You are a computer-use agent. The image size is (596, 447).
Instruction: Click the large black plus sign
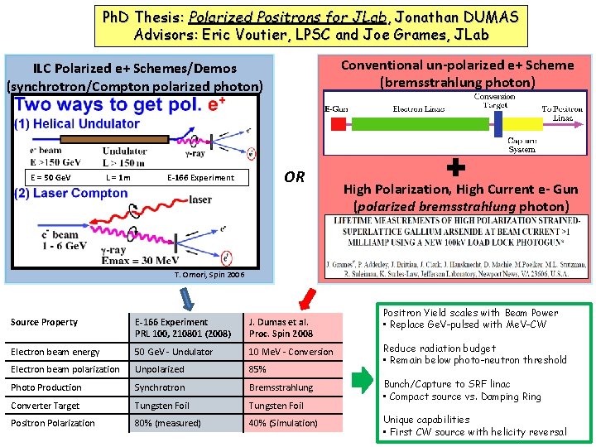(454, 169)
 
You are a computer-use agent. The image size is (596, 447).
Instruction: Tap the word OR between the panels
(294, 177)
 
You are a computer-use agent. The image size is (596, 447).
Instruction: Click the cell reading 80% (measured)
(168, 423)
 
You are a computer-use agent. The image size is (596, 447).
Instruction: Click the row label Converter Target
(46, 406)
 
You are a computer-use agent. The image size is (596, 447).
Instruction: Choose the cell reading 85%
(257, 369)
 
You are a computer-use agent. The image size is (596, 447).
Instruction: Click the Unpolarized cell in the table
(160, 369)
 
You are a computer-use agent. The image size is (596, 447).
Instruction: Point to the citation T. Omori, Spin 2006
(209, 274)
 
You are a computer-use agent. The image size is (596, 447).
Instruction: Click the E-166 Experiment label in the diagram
(200, 177)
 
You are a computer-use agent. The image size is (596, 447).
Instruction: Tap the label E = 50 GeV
(50, 177)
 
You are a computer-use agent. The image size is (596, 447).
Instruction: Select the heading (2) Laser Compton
(70, 194)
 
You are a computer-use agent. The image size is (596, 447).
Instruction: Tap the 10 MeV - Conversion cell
(291, 352)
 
